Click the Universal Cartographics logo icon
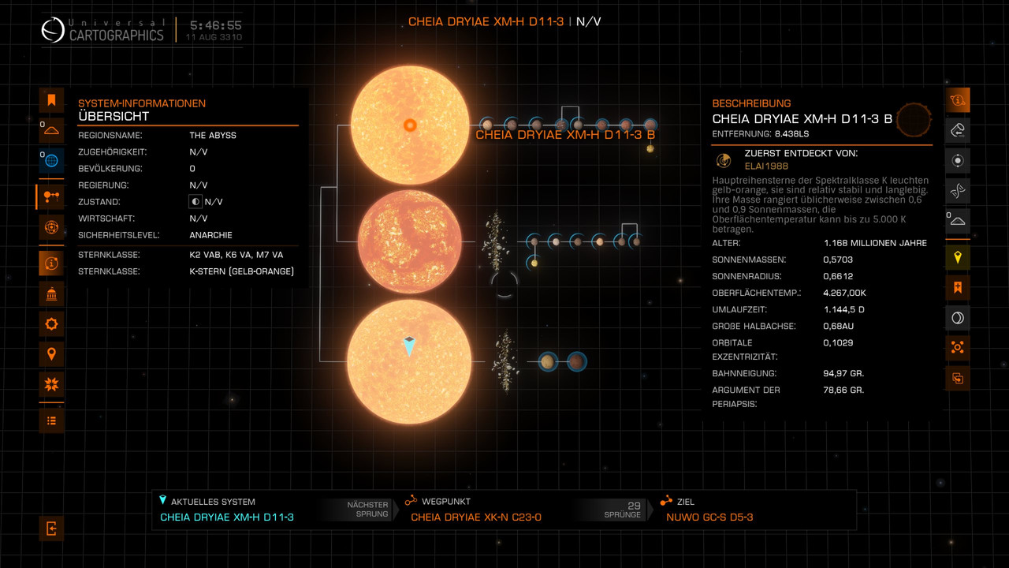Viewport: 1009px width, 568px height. click(x=54, y=30)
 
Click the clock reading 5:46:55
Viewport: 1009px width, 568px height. click(x=214, y=25)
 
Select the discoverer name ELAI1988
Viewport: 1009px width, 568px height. click(x=766, y=166)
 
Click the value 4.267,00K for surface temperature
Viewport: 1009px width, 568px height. click(x=845, y=293)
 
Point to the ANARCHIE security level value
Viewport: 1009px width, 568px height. click(x=210, y=235)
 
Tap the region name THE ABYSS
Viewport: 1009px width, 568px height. click(x=213, y=135)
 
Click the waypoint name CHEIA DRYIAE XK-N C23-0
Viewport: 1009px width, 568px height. click(x=476, y=518)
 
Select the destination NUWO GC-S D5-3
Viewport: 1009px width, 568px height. click(x=709, y=518)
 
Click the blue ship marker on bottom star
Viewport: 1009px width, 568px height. click(x=409, y=346)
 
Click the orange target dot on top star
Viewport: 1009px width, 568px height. click(x=410, y=125)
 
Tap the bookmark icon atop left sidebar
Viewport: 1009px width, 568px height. click(x=51, y=100)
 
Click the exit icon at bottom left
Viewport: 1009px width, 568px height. click(x=51, y=529)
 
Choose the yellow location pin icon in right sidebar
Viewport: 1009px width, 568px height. click(x=958, y=257)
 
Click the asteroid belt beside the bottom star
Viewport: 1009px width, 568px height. click(x=502, y=361)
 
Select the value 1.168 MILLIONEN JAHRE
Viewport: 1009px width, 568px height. click(x=875, y=243)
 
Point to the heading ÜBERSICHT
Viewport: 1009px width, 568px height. click(x=114, y=117)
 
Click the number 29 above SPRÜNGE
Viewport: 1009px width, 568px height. click(x=634, y=506)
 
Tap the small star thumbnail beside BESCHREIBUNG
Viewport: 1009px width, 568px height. click(x=914, y=119)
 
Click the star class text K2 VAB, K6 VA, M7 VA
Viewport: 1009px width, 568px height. click(x=236, y=255)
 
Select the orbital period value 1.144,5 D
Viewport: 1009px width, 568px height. click(x=843, y=309)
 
